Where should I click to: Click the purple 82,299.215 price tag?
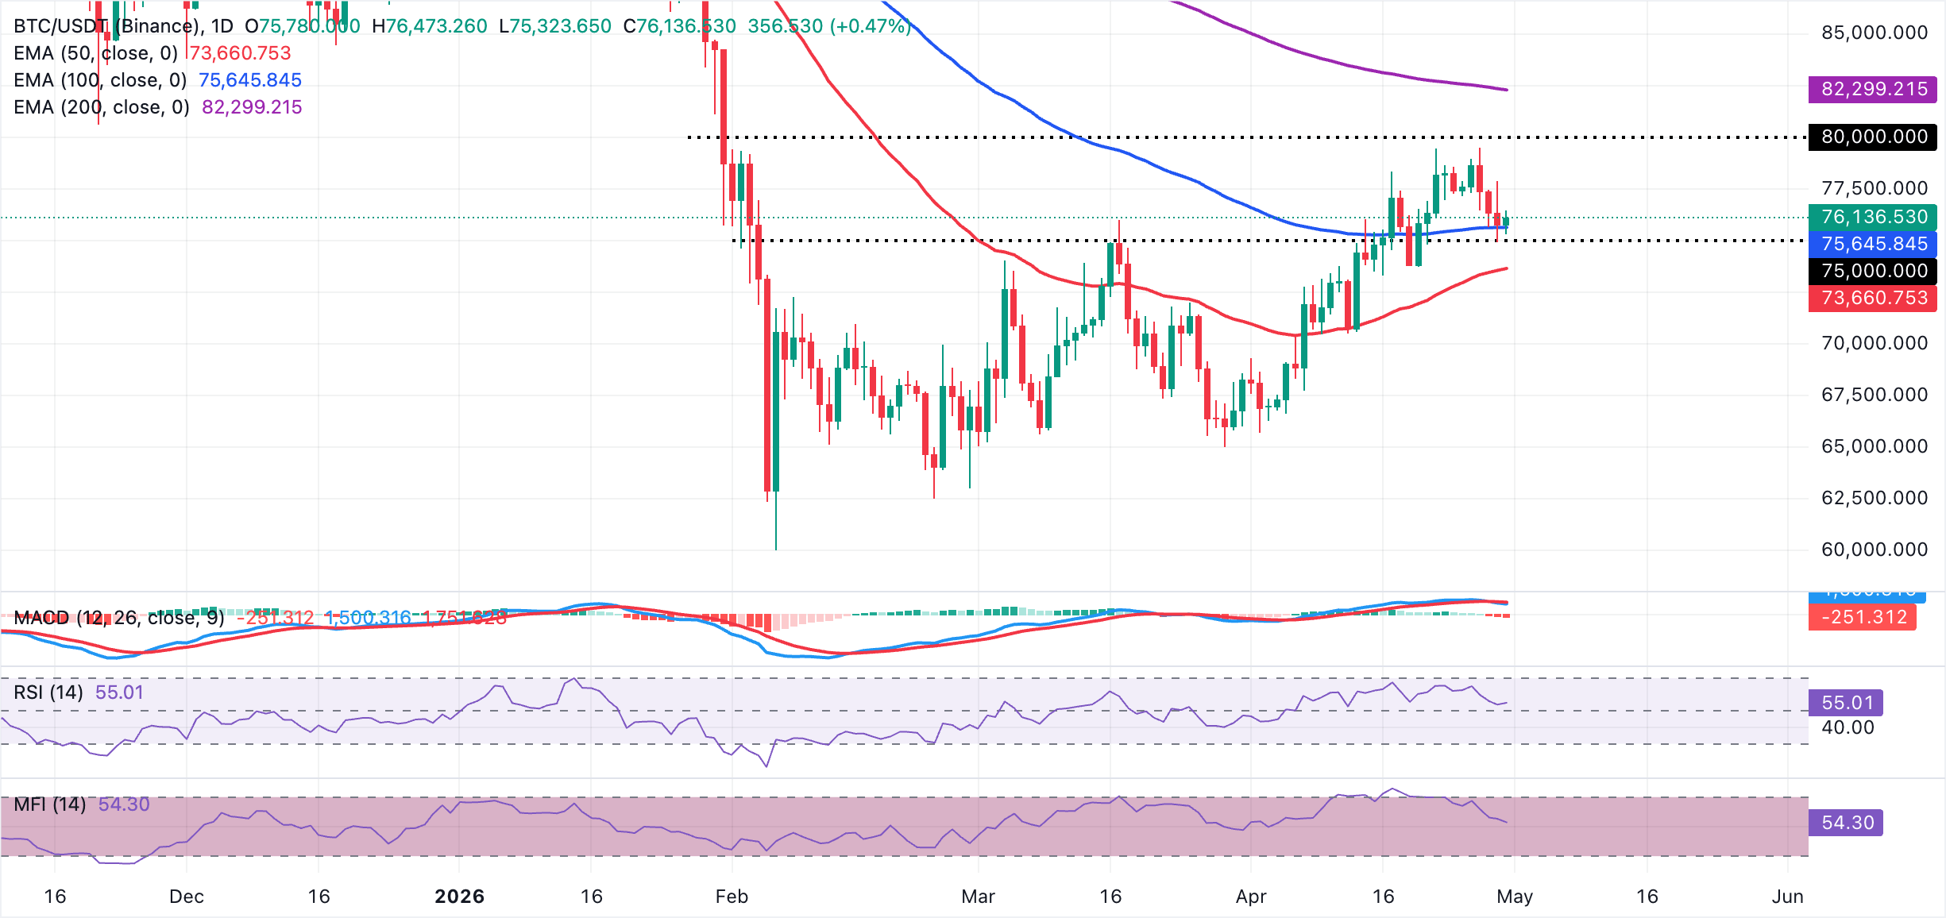pyautogui.click(x=1872, y=89)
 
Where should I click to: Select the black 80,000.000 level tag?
pyautogui.click(x=1872, y=137)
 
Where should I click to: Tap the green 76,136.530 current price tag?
pyautogui.click(x=1872, y=217)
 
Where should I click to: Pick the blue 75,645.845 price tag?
pyautogui.click(x=1872, y=244)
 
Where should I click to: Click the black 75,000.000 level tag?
pyautogui.click(x=1872, y=271)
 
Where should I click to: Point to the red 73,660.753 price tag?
pyautogui.click(x=1872, y=298)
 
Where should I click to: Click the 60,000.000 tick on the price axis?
pyautogui.click(x=1874, y=550)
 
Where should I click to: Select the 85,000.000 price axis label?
pyautogui.click(x=1874, y=33)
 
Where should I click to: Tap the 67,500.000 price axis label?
pyautogui.click(x=1874, y=395)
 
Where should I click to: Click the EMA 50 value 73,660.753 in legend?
pyautogui.click(x=240, y=53)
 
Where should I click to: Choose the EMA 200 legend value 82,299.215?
pyautogui.click(x=252, y=107)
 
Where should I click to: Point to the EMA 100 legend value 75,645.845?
pyautogui.click(x=250, y=80)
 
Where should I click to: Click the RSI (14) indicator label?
pyautogui.click(x=48, y=692)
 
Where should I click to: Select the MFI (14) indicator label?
pyautogui.click(x=50, y=804)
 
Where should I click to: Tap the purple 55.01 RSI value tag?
pyautogui.click(x=1847, y=703)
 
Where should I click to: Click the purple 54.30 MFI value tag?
pyautogui.click(x=1847, y=823)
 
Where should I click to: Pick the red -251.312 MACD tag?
pyautogui.click(x=1863, y=617)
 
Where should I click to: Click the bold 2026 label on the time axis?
pyautogui.click(x=459, y=897)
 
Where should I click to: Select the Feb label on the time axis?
pyautogui.click(x=732, y=897)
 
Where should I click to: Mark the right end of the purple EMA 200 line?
pyautogui.click(x=1507, y=90)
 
